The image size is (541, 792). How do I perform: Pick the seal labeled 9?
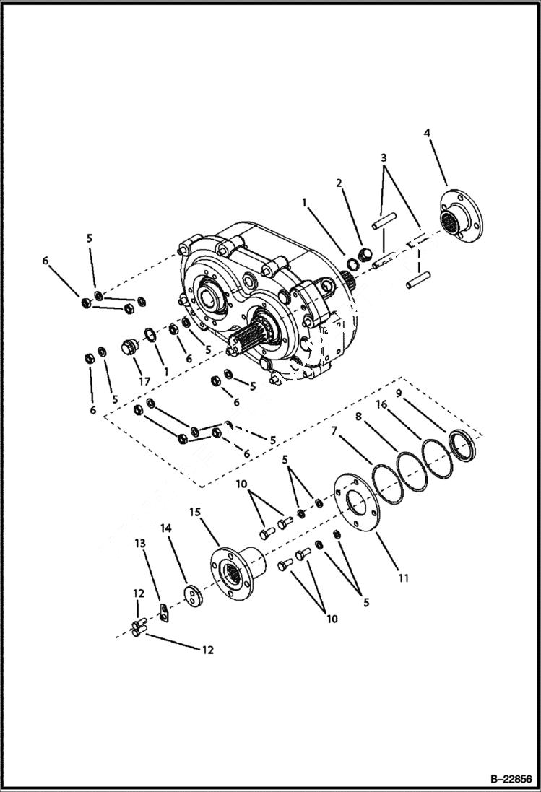pyautogui.click(x=462, y=446)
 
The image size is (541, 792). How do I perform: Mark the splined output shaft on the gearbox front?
pyautogui.click(x=250, y=339)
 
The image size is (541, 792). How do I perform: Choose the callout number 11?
pyautogui.click(x=404, y=578)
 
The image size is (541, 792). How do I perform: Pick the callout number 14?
pyautogui.click(x=166, y=529)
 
